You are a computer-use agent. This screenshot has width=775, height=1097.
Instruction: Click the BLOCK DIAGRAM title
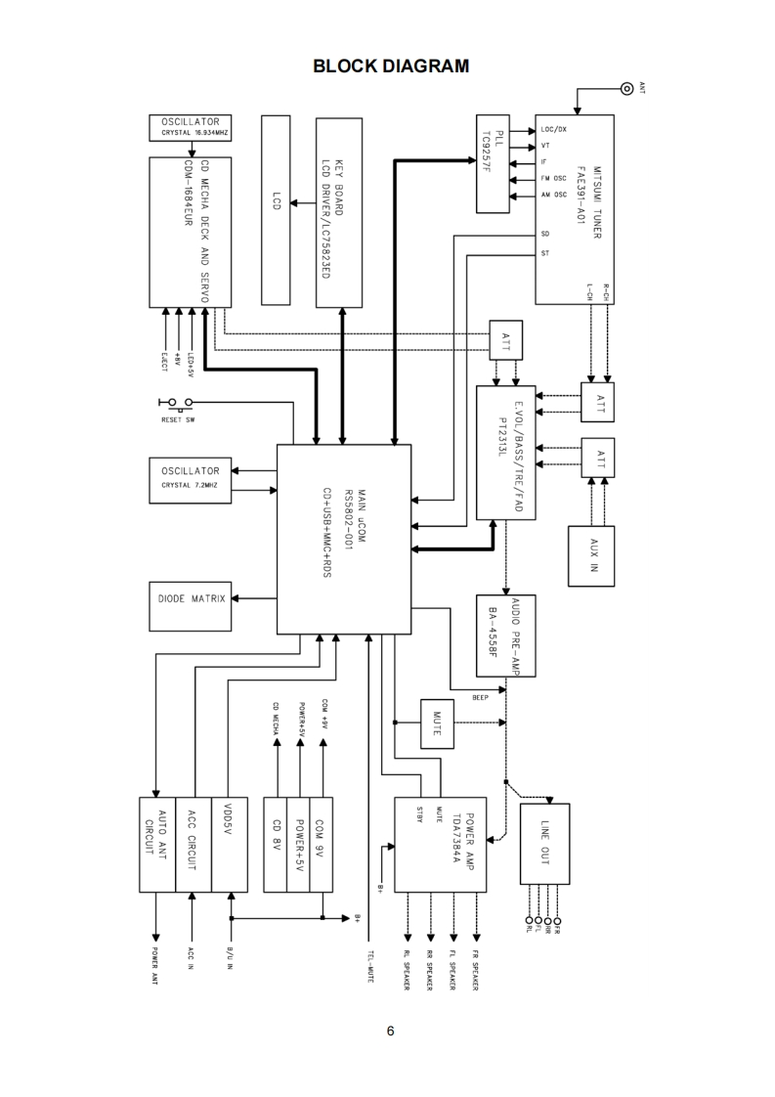click(391, 66)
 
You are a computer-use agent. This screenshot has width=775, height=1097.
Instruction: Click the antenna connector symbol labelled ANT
click(626, 88)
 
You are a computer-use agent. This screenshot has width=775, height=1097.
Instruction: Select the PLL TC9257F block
click(494, 163)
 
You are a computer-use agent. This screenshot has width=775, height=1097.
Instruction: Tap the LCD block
click(276, 210)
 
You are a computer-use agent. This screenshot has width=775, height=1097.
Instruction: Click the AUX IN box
click(591, 555)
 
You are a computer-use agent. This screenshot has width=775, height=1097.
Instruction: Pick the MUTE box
click(437, 724)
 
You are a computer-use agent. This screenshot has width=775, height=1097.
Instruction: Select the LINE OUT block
click(545, 844)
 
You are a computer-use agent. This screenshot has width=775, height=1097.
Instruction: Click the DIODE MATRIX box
click(191, 606)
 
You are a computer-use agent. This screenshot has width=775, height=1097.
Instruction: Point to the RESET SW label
click(179, 419)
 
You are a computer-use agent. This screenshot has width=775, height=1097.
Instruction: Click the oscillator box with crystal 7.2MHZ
click(191, 480)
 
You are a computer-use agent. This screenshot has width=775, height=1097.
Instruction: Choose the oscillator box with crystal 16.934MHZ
click(191, 127)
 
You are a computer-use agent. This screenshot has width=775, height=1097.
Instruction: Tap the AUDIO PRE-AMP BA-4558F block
click(505, 636)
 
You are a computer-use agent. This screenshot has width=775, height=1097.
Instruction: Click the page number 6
click(390, 1031)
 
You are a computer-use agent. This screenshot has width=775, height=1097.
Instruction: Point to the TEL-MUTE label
click(369, 966)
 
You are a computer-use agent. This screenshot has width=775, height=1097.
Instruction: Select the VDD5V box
click(230, 845)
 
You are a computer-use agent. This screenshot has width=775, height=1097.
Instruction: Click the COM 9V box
click(322, 845)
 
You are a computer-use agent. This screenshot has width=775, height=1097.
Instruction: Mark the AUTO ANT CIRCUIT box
click(157, 845)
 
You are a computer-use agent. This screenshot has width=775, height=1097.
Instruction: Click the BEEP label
click(481, 697)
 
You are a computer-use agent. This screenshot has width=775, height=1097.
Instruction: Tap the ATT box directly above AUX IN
click(598, 458)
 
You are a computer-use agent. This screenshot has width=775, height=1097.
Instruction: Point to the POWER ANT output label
click(155, 966)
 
